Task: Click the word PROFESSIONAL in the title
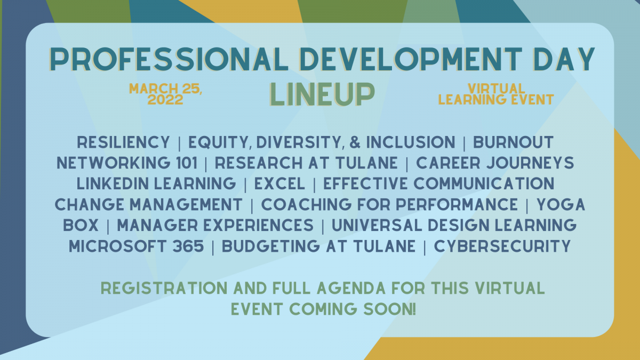tap(169, 59)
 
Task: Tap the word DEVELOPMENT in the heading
tap(411, 59)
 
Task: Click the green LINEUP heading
tap(322, 94)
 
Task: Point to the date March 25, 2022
tap(165, 94)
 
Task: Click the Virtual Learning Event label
tap(497, 94)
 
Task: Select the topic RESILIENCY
tap(123, 142)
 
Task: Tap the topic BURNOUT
tap(514, 142)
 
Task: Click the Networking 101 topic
tap(127, 163)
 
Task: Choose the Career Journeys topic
tap(495, 163)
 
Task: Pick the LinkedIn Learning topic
tap(156, 183)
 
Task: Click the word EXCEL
tap(279, 183)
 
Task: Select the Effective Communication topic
tap(439, 183)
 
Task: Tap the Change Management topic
tap(149, 205)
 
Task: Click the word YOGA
tap(561, 205)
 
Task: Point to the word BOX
tap(81, 226)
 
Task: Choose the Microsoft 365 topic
tap(137, 246)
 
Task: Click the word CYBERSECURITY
tap(502, 246)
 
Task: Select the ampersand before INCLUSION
tap(355, 142)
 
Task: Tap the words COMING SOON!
tap(353, 309)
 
